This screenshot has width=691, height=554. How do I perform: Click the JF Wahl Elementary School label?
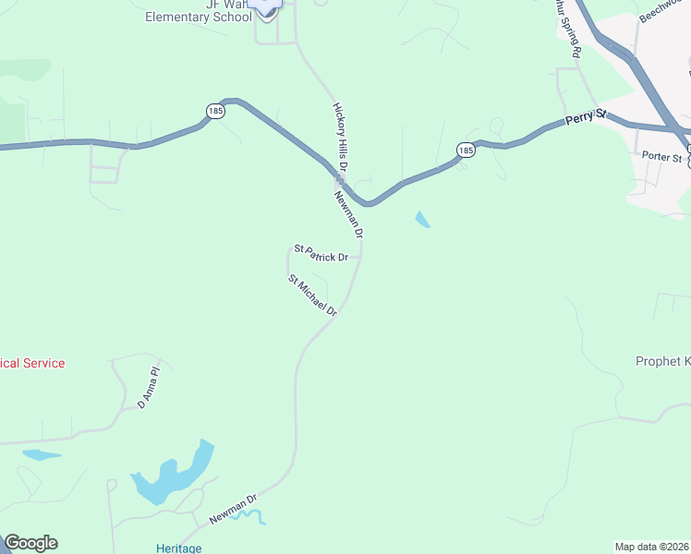[x=198, y=11]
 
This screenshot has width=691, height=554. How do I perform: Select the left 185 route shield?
[x=215, y=111]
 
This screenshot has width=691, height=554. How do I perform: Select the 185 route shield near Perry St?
[x=466, y=150]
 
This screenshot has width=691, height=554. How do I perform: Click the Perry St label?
[x=586, y=116]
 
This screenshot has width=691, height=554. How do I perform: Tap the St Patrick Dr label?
[x=321, y=253]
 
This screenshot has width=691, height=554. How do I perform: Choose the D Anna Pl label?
[x=149, y=388]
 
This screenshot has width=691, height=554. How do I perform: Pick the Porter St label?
[x=662, y=158]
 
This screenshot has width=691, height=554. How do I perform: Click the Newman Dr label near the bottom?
[x=232, y=509]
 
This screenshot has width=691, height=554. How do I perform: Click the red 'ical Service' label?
[x=32, y=364]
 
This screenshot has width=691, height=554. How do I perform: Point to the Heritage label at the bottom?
[x=178, y=548]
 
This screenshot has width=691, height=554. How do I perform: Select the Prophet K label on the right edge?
[x=662, y=361]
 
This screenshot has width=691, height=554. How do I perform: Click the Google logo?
[x=30, y=543]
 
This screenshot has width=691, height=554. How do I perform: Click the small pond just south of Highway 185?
[x=422, y=220]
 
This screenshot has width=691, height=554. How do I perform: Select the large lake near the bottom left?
[x=173, y=476]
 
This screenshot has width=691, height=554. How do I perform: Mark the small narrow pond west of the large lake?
[x=42, y=454]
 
